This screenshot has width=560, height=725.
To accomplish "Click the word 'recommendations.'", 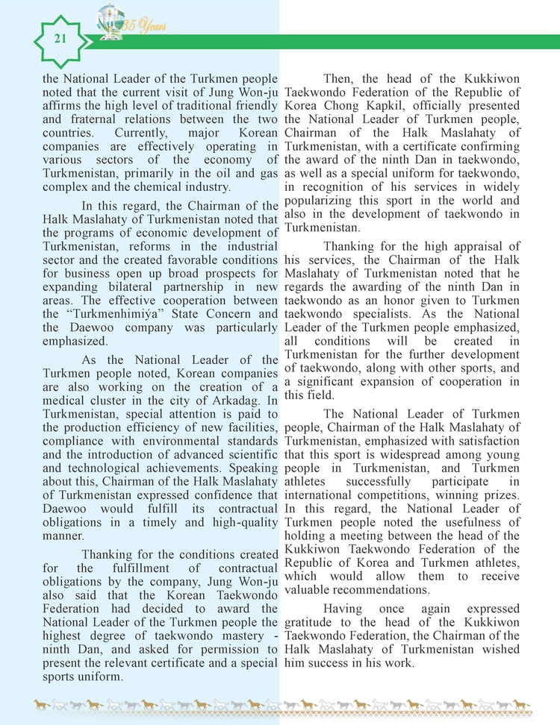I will pos(345,589).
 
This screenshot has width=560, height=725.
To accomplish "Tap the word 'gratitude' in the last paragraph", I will pos(312,623).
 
